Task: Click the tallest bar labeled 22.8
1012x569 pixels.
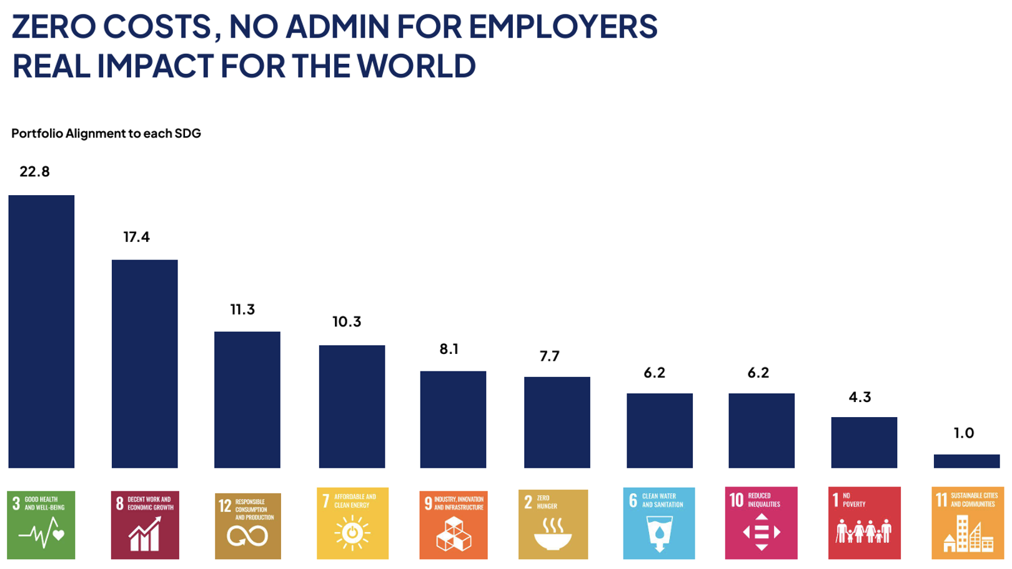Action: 41,331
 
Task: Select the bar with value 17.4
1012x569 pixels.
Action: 144,363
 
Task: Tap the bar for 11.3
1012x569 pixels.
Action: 247,400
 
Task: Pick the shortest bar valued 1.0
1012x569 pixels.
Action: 966,461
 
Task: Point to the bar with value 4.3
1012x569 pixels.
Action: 864,442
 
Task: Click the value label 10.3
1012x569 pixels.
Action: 347,322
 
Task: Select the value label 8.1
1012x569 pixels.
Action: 449,349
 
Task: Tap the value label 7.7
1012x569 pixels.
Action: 550,356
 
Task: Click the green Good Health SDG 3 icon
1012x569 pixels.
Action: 41,525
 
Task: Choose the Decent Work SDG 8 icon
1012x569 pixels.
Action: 145,525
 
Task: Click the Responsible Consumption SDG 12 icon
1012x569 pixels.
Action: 248,526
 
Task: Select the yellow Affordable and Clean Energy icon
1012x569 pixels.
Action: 352,523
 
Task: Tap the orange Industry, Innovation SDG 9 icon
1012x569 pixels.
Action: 454,525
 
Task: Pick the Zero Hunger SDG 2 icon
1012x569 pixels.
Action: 553,524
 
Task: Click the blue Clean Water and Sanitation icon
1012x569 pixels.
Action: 658,523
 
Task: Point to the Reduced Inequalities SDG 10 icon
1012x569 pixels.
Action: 761,523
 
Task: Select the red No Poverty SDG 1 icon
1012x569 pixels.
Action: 864,523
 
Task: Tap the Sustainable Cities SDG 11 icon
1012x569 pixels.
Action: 968,523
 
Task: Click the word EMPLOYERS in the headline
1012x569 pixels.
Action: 563,27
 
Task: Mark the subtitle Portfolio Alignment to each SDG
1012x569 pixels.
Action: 106,133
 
